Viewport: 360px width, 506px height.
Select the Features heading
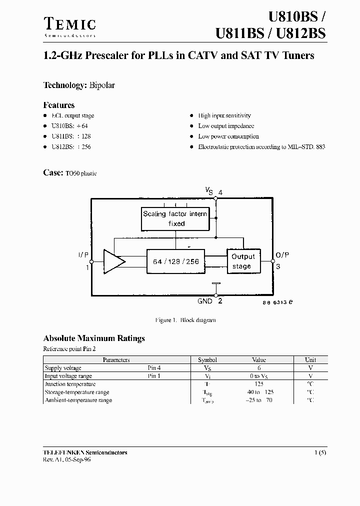[x=59, y=105]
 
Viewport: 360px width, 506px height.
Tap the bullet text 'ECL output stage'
[x=72, y=115]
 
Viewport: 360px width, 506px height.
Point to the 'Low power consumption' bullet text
[x=228, y=136]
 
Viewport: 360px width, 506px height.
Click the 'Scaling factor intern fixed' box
[x=175, y=218]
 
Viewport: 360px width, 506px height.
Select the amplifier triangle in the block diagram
[x=113, y=261]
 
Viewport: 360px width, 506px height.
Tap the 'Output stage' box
[x=243, y=261]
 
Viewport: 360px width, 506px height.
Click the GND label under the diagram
[x=205, y=301]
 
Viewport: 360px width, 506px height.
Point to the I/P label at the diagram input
[x=83, y=255]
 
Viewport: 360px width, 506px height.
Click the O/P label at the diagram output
[x=282, y=255]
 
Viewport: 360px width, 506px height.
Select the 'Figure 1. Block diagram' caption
[x=185, y=320]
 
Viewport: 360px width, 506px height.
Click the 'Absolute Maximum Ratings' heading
[x=94, y=338]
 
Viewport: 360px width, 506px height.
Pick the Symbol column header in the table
[x=207, y=360]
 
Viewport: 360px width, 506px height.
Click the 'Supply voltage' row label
[x=63, y=368]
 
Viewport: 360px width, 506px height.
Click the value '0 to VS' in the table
[x=259, y=376]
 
